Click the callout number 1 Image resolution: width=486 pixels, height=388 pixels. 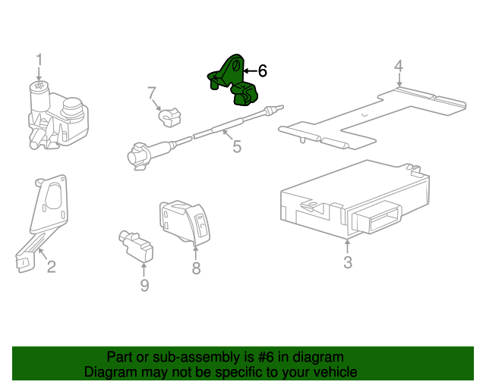[39, 60]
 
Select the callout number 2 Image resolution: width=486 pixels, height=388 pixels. [51, 266]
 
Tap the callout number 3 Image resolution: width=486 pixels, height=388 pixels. [348, 263]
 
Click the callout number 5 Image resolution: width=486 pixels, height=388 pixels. [237, 146]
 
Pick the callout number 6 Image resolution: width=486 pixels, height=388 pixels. [263, 71]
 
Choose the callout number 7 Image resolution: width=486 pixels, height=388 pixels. [151, 92]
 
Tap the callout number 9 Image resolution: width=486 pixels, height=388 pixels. [144, 285]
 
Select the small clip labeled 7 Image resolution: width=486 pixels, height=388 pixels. [168, 116]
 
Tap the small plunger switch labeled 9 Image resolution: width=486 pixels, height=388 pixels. [136, 245]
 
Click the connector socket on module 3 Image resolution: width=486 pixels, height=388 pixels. [377, 219]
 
